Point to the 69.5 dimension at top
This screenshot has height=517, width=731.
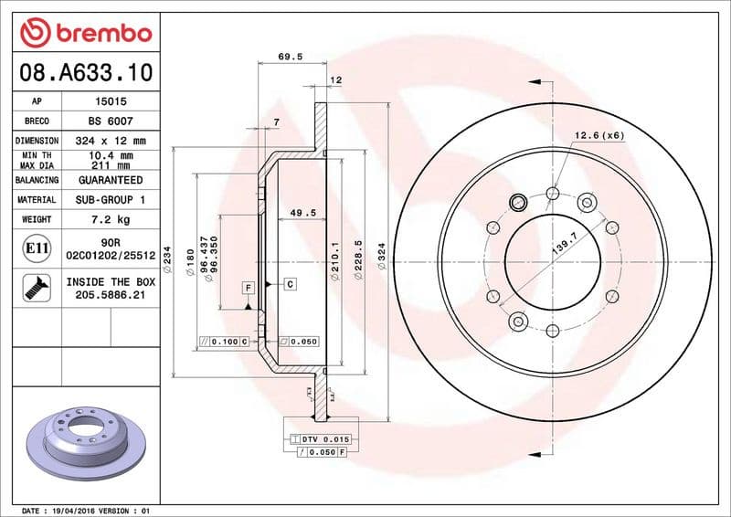(290, 57)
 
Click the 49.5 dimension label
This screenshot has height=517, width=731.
(290, 213)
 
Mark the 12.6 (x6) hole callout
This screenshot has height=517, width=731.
(599, 136)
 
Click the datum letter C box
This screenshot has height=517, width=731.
(290, 284)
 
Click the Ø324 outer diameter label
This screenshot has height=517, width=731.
(395, 260)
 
